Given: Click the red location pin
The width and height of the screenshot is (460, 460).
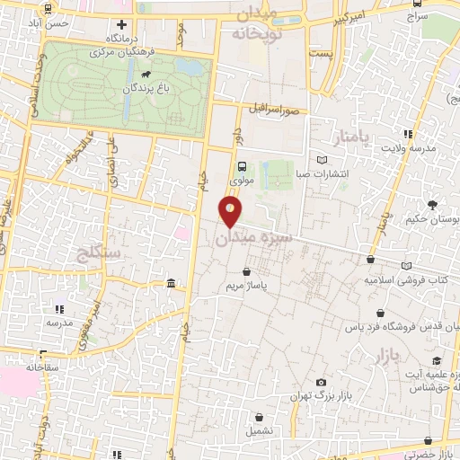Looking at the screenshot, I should pyautogui.click(x=231, y=212).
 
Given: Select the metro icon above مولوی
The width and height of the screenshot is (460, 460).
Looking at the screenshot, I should pyautogui.click(x=242, y=165).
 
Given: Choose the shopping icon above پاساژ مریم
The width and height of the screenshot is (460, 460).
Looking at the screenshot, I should pyautogui.click(x=247, y=270).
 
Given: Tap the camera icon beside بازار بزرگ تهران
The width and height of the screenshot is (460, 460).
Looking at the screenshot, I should pyautogui.click(x=322, y=382).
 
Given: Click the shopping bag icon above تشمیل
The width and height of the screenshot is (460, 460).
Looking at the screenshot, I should pyautogui.click(x=261, y=417).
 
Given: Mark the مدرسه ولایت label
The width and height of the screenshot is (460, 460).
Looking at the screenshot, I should pyautogui.click(x=414, y=146).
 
